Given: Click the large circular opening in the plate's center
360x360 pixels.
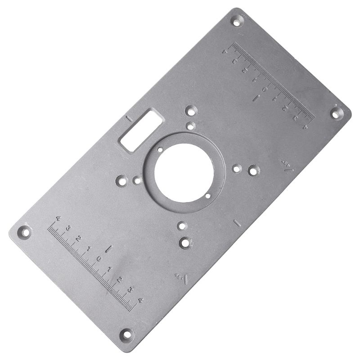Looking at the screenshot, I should tap(184, 173).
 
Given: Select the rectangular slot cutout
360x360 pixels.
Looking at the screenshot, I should tap(141, 131).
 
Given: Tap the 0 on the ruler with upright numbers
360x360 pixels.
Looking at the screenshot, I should tap(99, 259).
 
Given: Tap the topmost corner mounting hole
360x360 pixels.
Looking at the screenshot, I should tap(236, 20).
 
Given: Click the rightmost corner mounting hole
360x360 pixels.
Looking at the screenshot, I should tap(337, 113).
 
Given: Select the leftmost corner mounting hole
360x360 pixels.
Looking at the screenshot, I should tap(25, 233).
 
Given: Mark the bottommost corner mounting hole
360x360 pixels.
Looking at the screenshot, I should tap(126, 334).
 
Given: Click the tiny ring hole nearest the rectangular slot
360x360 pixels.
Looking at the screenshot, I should tap(160, 149).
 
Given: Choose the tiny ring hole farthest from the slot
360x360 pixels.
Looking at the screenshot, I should tap(207, 195).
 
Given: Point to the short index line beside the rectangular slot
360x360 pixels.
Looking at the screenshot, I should tap(129, 119).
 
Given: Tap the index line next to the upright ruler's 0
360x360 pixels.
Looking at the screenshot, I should tap(108, 249).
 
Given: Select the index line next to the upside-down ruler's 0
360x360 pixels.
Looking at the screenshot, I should tap(255, 98).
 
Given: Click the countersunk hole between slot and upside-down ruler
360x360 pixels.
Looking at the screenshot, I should tap(191, 110).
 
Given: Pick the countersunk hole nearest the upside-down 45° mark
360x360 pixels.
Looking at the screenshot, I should tap(254, 171).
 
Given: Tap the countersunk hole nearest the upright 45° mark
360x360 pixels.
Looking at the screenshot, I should tap(185, 243).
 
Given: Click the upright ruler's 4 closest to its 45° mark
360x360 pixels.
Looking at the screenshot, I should tap(140, 300).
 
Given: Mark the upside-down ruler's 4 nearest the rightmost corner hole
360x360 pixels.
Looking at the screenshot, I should tap(305, 127).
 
